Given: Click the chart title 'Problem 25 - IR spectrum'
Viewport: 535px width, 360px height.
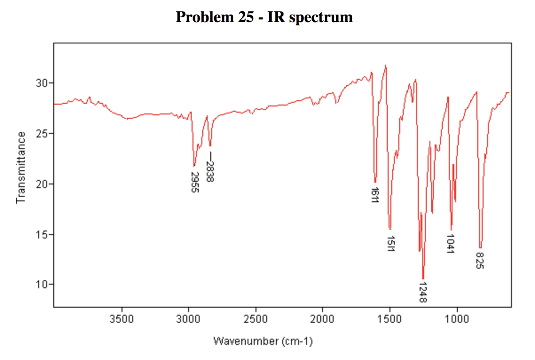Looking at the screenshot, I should coord(264,17).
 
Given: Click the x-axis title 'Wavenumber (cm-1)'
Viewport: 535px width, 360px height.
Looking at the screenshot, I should coord(263,341).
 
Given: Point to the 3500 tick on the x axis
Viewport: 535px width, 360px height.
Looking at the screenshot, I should coord(122,318).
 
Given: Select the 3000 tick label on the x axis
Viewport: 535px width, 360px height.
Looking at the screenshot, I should coord(189,318).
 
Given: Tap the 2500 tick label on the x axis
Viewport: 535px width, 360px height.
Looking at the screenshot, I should coord(256,318).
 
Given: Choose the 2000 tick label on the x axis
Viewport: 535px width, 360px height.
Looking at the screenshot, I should coord(323,318).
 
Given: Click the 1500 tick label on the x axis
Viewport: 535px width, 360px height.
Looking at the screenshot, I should coord(389,318).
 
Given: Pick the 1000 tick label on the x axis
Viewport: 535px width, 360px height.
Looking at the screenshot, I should coord(456,318).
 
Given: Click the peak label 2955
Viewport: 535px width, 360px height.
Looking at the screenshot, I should coord(194,182).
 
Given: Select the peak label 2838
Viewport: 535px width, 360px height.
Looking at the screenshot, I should coord(210,169).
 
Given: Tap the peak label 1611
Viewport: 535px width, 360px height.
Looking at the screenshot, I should coord(374,195).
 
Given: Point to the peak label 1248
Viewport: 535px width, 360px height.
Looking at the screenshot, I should coord(422,292).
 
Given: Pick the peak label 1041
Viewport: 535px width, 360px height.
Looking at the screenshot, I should coord(451,243).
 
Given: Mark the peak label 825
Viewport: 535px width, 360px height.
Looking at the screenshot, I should coord(480,261).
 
